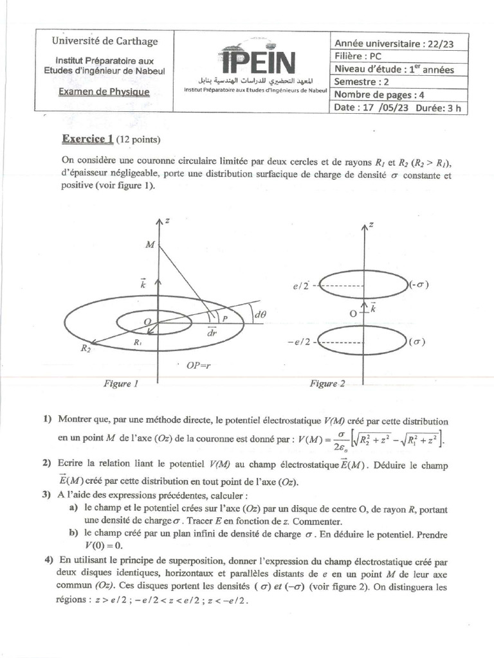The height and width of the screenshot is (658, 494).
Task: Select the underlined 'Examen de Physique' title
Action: pos(104,92)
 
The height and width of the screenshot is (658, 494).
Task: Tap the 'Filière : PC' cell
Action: pos(358,56)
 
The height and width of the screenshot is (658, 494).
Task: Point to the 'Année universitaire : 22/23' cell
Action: pos(398,43)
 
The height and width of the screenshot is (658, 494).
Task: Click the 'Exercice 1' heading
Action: pos(87,138)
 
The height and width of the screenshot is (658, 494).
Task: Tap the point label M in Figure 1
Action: pos(150,245)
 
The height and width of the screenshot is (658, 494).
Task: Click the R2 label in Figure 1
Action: pos(86,348)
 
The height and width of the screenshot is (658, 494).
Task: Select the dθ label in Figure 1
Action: pos(261,316)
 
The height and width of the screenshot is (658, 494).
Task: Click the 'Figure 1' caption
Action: pos(122,384)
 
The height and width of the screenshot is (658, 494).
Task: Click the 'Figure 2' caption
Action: pos(327,384)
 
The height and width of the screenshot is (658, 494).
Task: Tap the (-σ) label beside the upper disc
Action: pos(419,285)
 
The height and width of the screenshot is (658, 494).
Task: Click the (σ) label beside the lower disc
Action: pos(417,342)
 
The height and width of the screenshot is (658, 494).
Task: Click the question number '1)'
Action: pos(48,420)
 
